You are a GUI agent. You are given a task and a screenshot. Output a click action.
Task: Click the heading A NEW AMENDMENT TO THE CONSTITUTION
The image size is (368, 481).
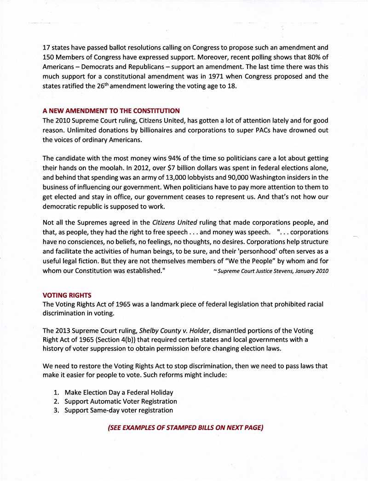[x=111, y=111]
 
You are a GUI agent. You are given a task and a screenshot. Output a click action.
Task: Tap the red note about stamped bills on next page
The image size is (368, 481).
[x=185, y=427]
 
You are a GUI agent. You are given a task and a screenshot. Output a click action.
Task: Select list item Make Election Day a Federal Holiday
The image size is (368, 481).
[x=119, y=392]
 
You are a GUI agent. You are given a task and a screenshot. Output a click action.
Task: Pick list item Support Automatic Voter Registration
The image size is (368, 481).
[x=121, y=401]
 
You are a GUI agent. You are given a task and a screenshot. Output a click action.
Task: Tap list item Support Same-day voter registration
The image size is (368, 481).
[x=119, y=410]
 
